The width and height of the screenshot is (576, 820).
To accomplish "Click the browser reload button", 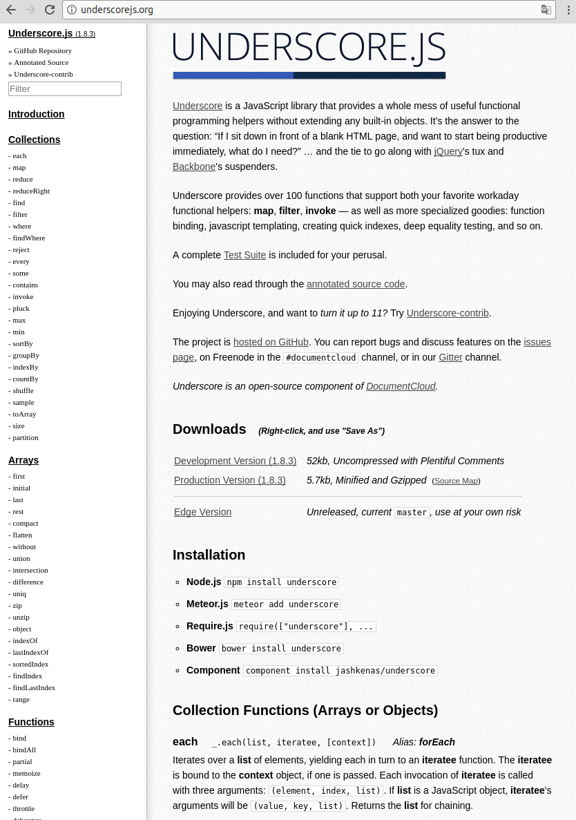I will coord(50,10).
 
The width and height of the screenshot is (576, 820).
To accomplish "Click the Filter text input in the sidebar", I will coord(65,88).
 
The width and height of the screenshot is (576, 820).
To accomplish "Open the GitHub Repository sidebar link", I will coord(43,50).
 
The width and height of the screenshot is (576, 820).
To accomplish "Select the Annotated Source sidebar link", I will coord(41,62).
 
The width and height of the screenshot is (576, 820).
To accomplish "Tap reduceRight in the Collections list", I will coord(31,191).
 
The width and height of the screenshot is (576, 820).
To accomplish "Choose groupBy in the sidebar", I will coord(26,355).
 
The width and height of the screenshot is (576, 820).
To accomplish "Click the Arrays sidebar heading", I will coord(23,460).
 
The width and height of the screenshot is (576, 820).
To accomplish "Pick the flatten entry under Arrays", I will coord(22,535).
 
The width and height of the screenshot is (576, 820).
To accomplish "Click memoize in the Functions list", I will coord(26,773).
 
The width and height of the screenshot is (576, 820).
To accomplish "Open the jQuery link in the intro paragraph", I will coord(448,151).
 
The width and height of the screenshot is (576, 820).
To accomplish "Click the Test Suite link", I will coord(244,255).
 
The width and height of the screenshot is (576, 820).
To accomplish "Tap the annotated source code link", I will coord(356,284).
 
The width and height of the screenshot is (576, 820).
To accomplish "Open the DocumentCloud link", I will coord(401,386).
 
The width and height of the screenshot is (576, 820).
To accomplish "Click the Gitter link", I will coord(450,357).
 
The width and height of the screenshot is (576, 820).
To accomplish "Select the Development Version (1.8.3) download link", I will coord(235,461).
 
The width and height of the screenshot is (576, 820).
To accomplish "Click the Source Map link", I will coord(456,481).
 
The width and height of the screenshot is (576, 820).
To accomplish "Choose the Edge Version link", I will coord(202,512).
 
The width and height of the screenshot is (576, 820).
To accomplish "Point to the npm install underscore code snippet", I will coord(281,582).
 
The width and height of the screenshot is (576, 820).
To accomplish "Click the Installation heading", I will coord(209,555).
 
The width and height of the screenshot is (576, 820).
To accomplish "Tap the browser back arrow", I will coord(11,10).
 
